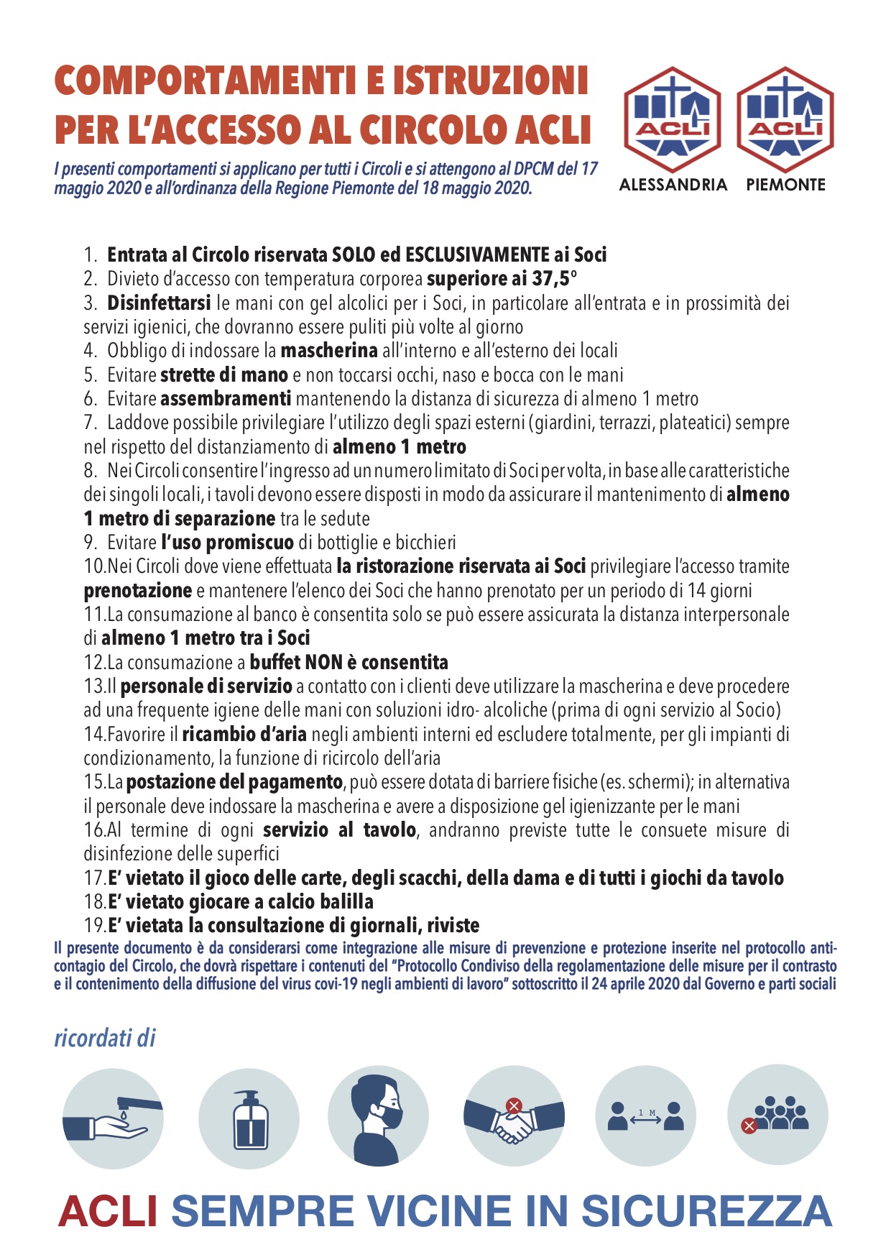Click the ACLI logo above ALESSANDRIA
click(673, 119)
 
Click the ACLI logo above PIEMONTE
click(785, 119)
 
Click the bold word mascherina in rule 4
click(329, 351)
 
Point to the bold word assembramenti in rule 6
click(226, 399)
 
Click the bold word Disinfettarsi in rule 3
click(159, 303)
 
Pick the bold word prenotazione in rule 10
click(138, 591)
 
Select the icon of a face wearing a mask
click(379, 1116)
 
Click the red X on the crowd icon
click(749, 1126)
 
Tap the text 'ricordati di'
click(105, 1039)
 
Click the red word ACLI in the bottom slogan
click(108, 1211)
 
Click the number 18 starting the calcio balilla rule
click(95, 902)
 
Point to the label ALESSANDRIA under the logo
click(673, 185)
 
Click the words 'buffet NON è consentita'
click(349, 663)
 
